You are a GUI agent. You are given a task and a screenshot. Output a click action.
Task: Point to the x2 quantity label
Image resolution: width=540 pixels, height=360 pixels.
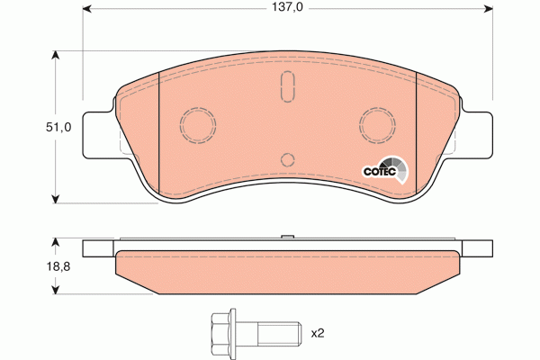[317, 332]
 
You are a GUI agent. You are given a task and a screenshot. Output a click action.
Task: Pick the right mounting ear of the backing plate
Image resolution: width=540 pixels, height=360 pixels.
[478, 136]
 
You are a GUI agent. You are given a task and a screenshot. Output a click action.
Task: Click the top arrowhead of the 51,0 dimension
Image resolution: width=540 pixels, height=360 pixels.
[57, 57]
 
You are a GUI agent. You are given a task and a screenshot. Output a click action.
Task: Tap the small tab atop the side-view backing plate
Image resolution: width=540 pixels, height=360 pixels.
[288, 238]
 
